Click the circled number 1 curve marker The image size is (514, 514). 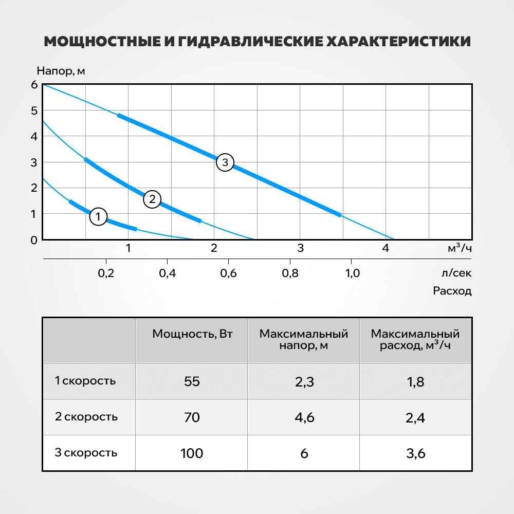(x=98, y=216)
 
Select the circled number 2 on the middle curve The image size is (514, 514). (x=152, y=199)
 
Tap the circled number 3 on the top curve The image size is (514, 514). (x=225, y=163)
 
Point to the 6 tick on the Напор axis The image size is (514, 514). (x=34, y=85)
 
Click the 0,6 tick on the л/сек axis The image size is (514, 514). (x=229, y=273)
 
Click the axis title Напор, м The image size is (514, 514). (x=61, y=71)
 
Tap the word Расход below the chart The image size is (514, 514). (x=452, y=291)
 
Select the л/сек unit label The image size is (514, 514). (x=456, y=273)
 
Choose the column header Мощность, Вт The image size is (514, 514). (x=192, y=334)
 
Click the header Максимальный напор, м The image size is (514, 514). (x=304, y=339)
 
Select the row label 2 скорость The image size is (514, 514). (x=86, y=417)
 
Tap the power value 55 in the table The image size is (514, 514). (x=191, y=382)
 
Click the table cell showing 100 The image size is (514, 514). (x=192, y=453)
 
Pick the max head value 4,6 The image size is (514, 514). (x=304, y=417)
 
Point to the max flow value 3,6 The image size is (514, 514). (x=415, y=453)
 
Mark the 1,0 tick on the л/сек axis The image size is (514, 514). (x=352, y=273)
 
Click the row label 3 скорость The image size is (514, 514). (x=86, y=453)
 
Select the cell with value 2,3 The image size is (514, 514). (x=304, y=382)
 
